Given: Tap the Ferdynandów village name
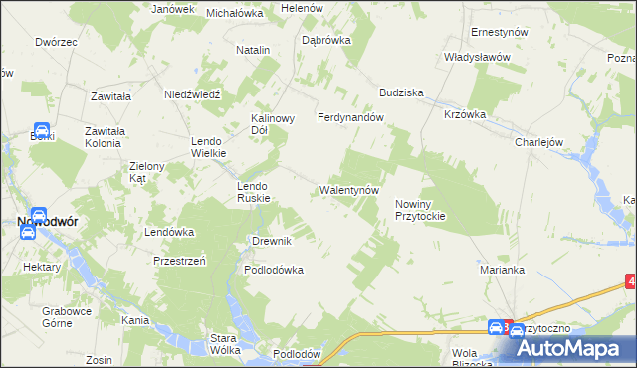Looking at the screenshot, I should [350, 117].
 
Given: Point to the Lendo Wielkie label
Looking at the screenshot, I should [209, 147].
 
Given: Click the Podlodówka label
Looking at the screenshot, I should [274, 270].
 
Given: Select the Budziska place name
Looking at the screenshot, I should [400, 92].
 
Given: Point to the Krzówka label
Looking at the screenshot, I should [465, 114].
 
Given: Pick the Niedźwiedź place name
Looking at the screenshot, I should [191, 94].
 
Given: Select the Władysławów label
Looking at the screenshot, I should [477, 57].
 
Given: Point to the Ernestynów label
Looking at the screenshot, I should [499, 32].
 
